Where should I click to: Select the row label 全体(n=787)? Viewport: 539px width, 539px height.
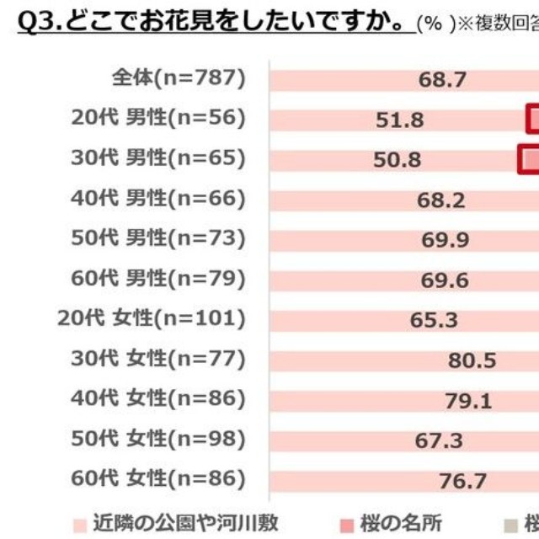(x=179, y=78)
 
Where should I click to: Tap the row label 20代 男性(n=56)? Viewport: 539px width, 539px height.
(x=159, y=119)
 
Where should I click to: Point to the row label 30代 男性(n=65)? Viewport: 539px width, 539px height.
(x=159, y=158)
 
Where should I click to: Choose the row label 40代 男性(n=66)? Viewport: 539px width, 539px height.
(x=159, y=199)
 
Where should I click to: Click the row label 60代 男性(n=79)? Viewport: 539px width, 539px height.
(x=159, y=279)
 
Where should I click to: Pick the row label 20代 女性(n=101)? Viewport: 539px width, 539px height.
(x=152, y=319)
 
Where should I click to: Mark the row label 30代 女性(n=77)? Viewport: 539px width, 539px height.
(x=159, y=360)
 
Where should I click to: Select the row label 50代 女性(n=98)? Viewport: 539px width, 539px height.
(x=159, y=440)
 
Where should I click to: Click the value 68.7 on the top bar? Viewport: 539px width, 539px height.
(x=442, y=79)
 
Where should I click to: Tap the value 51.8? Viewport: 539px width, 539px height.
(x=400, y=120)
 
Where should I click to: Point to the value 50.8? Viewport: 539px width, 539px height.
(x=398, y=159)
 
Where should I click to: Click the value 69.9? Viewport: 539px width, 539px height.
(x=446, y=240)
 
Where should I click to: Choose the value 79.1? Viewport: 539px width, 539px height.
(x=468, y=401)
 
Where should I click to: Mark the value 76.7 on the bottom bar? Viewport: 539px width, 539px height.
(x=463, y=481)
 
